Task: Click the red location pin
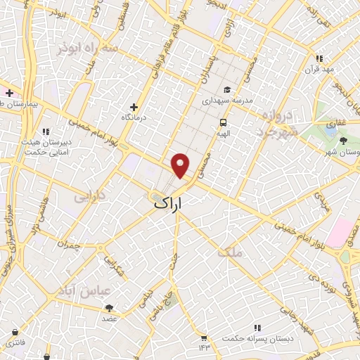click(181, 164)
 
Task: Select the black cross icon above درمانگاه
click(134, 106)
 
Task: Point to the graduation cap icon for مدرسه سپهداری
click(227, 90)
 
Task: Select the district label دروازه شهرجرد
click(278, 122)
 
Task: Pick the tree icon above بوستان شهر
click(343, 141)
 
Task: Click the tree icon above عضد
click(109, 308)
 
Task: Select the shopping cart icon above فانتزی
click(15, 332)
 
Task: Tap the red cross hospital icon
click(9, 93)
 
